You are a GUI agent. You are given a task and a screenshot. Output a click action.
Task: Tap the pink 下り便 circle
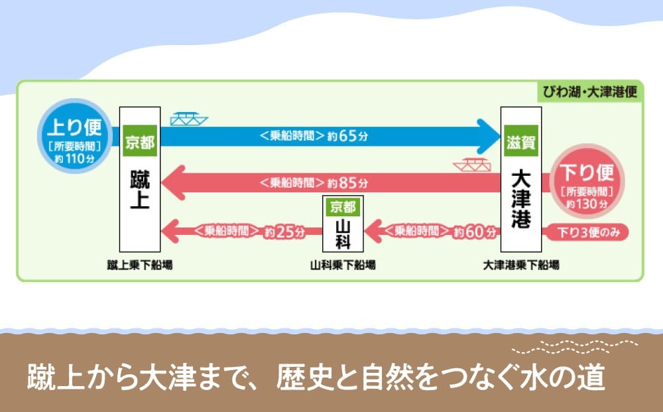pos(587,180)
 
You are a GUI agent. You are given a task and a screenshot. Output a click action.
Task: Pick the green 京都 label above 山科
pos(343,206)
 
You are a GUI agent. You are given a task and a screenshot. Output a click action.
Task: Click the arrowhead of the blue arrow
pos(489,136)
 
